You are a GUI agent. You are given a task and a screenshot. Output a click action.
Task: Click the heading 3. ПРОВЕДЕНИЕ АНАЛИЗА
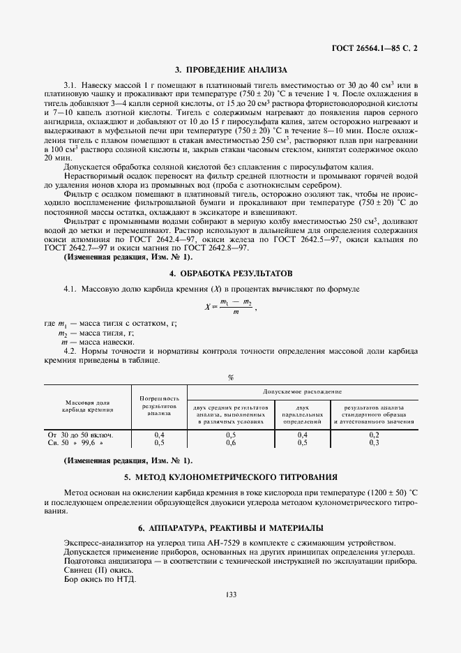click(231, 70)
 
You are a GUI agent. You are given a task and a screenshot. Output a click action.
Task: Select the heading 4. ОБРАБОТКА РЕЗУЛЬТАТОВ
click(230, 271)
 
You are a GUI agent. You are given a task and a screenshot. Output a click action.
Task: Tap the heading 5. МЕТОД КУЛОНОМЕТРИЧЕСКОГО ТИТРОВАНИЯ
click(230, 478)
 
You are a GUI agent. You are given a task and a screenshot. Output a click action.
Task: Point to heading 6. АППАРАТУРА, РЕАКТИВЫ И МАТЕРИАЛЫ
click(230, 527)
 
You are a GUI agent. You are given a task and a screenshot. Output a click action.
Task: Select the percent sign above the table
click(231, 377)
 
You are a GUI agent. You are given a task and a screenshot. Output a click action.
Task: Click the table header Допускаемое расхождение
click(302, 393)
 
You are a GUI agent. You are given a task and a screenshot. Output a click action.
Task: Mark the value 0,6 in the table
click(231, 443)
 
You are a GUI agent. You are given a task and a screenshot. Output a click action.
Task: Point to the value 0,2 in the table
click(373, 435)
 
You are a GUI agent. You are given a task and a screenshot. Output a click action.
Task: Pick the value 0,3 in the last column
click(373, 443)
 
